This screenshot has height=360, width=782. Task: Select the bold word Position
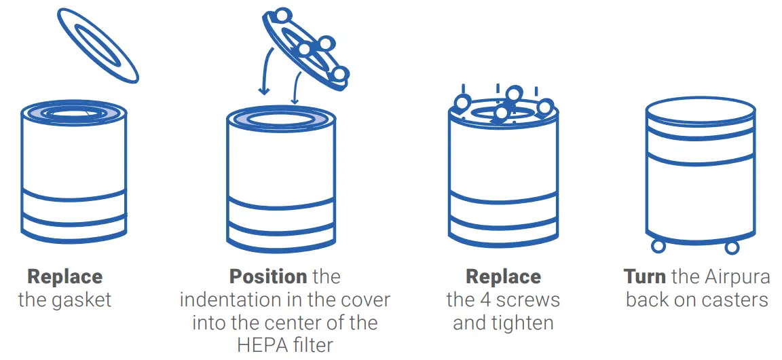tap(268, 277)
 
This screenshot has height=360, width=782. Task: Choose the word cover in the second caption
tap(362, 300)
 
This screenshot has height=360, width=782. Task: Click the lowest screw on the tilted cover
tap(341, 74)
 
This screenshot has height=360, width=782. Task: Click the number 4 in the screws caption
tap(484, 300)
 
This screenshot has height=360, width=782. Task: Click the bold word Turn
tap(644, 277)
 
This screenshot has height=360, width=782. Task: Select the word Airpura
tap(737, 277)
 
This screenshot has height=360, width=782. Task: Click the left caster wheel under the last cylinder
tap(658, 246)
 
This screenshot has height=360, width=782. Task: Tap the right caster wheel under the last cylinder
tap(732, 247)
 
